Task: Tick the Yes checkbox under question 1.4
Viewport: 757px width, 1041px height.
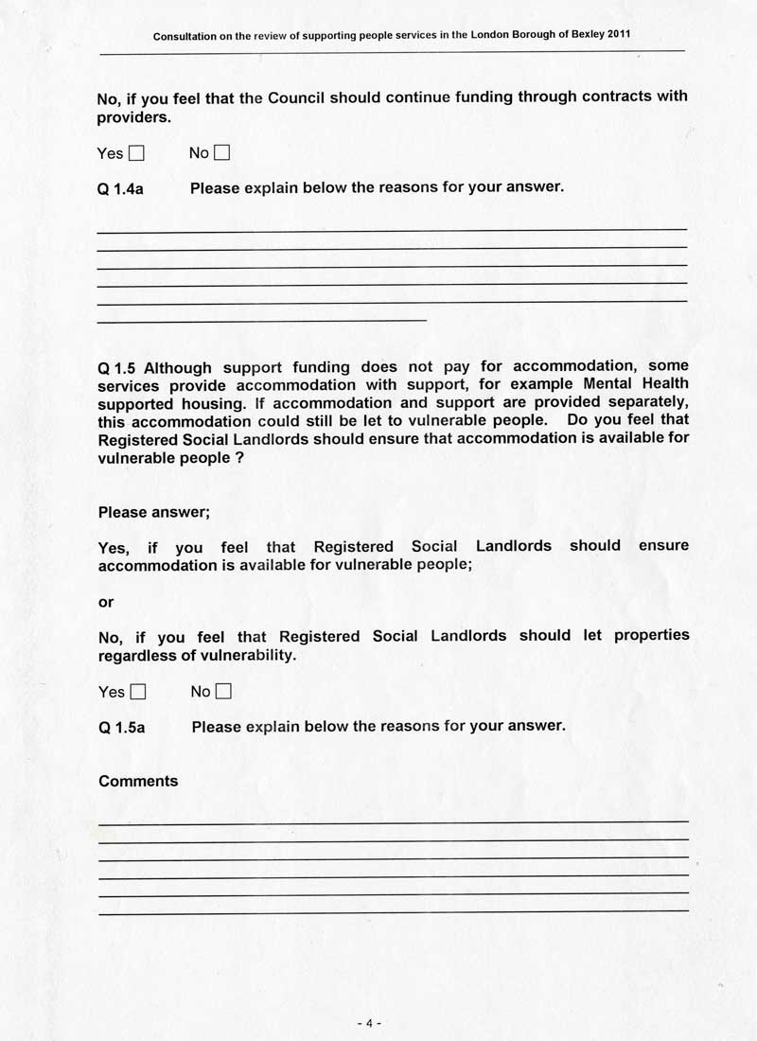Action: pos(136,152)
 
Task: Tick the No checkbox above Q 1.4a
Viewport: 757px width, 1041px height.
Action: pos(222,152)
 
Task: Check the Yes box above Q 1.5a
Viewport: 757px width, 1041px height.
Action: pos(138,692)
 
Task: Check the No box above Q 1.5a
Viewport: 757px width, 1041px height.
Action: pos(223,692)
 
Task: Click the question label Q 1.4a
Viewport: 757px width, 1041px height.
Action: pos(120,188)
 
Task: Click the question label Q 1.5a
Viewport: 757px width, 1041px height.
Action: pos(121,728)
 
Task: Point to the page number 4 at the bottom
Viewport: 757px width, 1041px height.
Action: pos(369,1023)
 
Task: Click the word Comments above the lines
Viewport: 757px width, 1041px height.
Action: pos(138,781)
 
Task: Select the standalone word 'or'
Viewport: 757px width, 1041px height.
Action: pos(106,602)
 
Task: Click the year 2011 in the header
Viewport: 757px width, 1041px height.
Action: pos(616,34)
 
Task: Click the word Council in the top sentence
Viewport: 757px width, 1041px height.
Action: pos(296,97)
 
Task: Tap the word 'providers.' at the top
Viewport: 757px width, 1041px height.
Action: pos(134,117)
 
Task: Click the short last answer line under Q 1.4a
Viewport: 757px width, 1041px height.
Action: pos(262,321)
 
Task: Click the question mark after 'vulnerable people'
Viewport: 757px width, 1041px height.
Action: pos(226,456)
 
